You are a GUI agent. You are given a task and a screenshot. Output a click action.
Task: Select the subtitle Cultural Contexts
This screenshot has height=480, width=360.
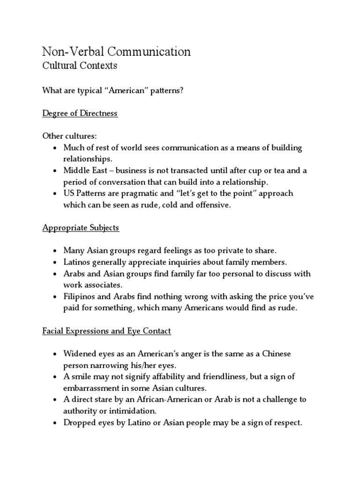(80, 66)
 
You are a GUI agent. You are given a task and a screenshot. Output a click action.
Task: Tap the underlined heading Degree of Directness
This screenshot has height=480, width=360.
(80, 114)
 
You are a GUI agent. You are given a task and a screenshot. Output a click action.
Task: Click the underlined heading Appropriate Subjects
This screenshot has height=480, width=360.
(81, 228)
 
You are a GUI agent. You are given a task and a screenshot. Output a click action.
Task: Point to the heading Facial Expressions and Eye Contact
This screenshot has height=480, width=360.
(106, 331)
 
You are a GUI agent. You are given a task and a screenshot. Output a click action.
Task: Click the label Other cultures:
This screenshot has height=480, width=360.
(69, 136)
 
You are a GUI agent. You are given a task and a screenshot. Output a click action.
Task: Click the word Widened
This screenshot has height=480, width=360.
(79, 353)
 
